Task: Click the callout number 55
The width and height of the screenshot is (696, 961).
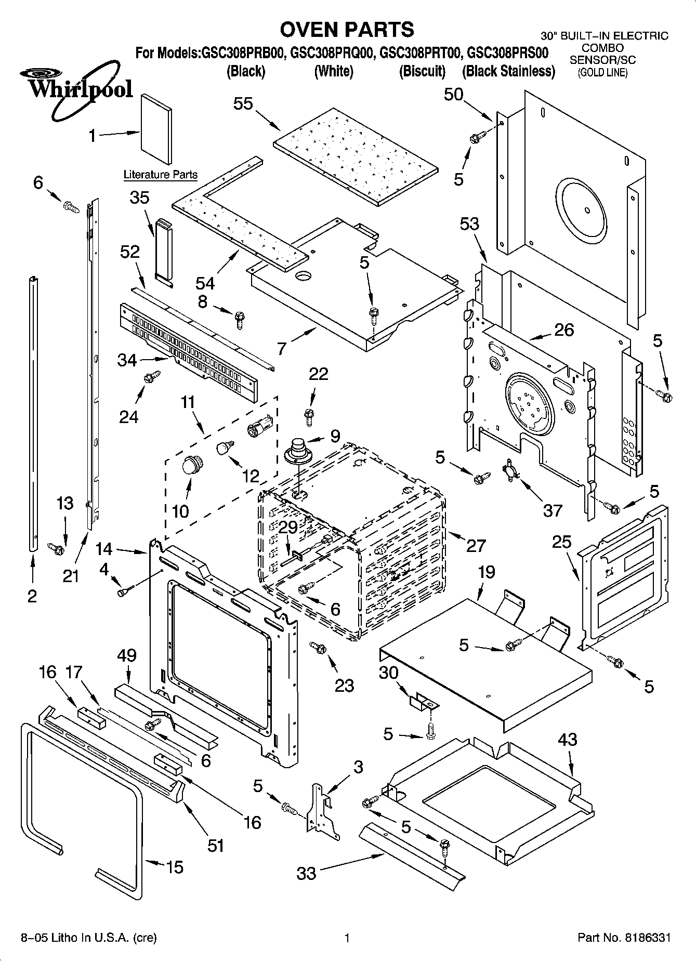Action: pyautogui.click(x=243, y=103)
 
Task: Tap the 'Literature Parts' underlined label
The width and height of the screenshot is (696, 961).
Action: pyautogui.click(x=160, y=175)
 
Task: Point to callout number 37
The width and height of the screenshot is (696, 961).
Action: pyautogui.click(x=553, y=510)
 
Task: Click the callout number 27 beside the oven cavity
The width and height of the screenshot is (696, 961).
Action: pyautogui.click(x=476, y=545)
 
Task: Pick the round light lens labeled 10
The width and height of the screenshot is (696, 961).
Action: pyautogui.click(x=192, y=464)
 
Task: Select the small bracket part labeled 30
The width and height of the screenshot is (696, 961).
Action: pyautogui.click(x=422, y=703)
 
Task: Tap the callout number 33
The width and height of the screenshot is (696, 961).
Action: pyautogui.click(x=306, y=873)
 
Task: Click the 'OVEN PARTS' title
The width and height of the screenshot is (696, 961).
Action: pyautogui.click(x=347, y=29)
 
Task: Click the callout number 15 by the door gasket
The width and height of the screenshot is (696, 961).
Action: pyautogui.click(x=175, y=867)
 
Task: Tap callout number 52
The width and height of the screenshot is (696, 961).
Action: pyautogui.click(x=130, y=252)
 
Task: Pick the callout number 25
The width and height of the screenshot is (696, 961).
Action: pyautogui.click(x=561, y=542)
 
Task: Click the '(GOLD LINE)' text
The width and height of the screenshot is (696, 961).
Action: pyautogui.click(x=603, y=72)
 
